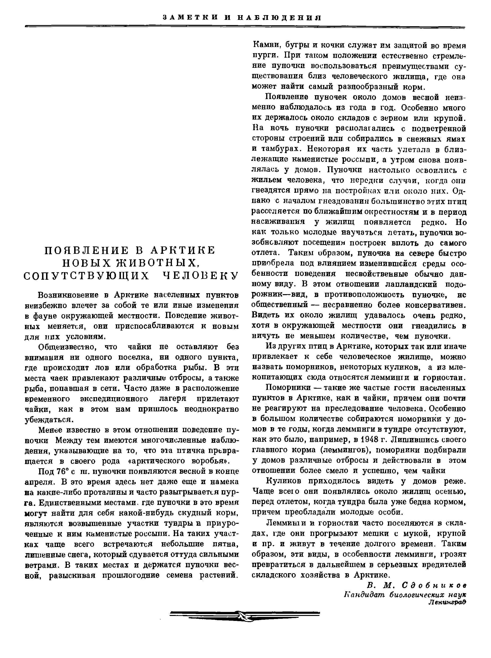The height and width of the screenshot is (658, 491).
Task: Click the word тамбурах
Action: (x=282, y=149)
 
